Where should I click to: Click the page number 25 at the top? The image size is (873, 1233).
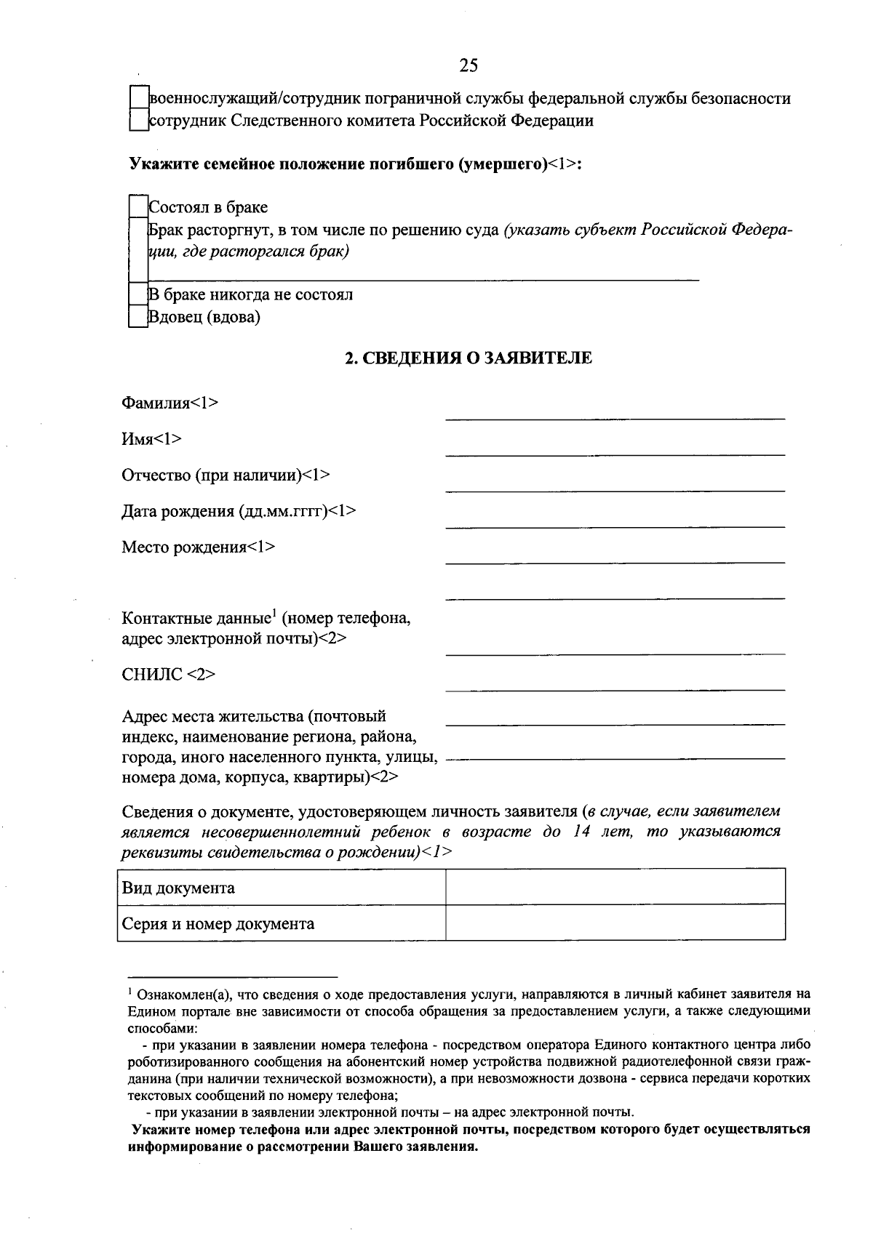coord(469,65)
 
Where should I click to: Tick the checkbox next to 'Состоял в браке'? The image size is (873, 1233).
coord(138,207)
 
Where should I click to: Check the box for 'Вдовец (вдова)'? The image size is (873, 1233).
coord(138,317)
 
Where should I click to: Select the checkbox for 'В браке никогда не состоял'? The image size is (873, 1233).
coord(138,294)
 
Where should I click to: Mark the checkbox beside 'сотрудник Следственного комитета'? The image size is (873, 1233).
coord(138,120)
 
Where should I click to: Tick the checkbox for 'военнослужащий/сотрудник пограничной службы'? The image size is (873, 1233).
coord(138,98)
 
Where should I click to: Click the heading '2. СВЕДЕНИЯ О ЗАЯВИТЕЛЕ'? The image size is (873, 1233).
coord(468,358)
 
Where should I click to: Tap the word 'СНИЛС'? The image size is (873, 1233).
coord(152,675)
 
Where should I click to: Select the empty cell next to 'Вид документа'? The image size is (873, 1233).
coord(615,887)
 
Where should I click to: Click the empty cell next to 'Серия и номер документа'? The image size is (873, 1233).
coord(615,923)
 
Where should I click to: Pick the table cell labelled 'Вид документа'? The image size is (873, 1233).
coord(281,887)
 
